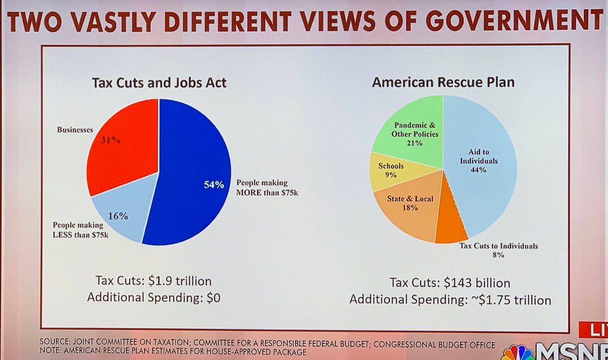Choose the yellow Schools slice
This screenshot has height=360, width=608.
click(x=394, y=172)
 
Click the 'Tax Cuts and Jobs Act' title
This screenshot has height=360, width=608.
click(x=159, y=83)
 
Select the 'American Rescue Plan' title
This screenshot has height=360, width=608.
click(x=443, y=82)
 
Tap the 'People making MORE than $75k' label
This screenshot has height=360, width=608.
click(x=267, y=188)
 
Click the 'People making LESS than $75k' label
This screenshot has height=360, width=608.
click(x=81, y=230)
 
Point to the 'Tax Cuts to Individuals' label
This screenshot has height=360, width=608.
click(x=499, y=246)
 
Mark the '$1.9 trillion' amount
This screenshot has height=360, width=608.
click(x=180, y=281)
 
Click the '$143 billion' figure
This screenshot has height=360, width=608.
click(x=477, y=283)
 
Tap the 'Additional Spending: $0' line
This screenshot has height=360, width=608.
click(x=154, y=298)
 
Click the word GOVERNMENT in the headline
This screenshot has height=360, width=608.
click(x=514, y=20)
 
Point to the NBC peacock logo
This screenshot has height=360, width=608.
click(x=517, y=353)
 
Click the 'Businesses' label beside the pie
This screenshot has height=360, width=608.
click(x=75, y=130)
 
